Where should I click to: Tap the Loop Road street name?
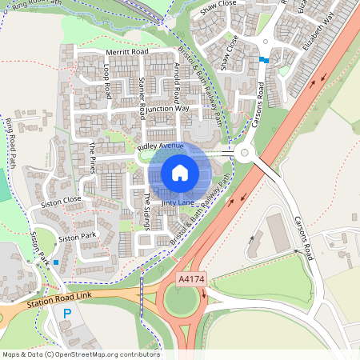(x=107, y=82)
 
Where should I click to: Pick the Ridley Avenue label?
(x=160, y=147)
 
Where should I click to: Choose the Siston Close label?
(x=62, y=199)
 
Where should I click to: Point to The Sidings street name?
(x=147, y=210)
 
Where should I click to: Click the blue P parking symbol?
(x=67, y=314)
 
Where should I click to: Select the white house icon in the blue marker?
(x=180, y=172)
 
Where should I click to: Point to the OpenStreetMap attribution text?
(x=80, y=354)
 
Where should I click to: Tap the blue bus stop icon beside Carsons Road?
(x=263, y=59)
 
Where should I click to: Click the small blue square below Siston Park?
(x=55, y=262)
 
